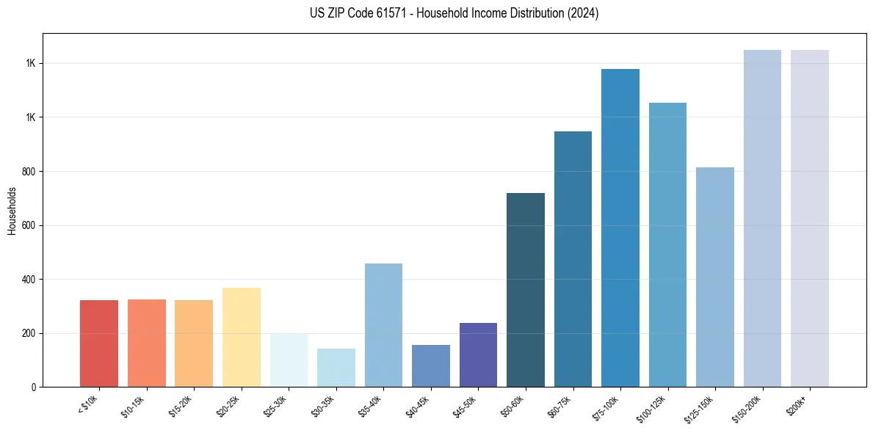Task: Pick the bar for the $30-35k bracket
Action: click(x=336, y=368)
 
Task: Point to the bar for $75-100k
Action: click(x=620, y=228)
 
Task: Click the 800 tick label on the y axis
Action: click(x=29, y=172)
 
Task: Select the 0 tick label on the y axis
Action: click(x=34, y=387)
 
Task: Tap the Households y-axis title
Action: click(x=12, y=211)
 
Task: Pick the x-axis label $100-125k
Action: click(x=652, y=408)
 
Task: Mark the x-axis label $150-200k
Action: click(x=747, y=408)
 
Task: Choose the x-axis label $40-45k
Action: click(x=417, y=406)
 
